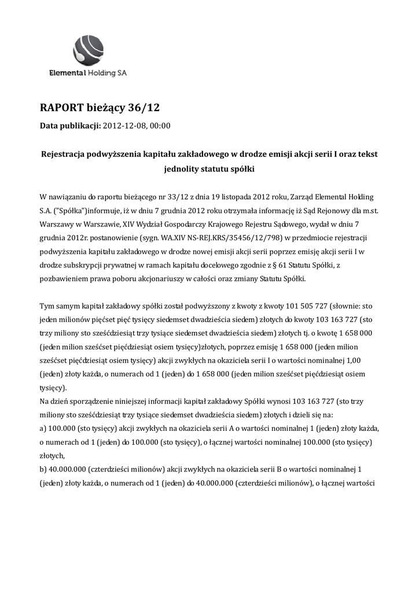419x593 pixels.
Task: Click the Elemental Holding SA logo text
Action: [88, 74]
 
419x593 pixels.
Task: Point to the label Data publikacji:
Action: [70, 125]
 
